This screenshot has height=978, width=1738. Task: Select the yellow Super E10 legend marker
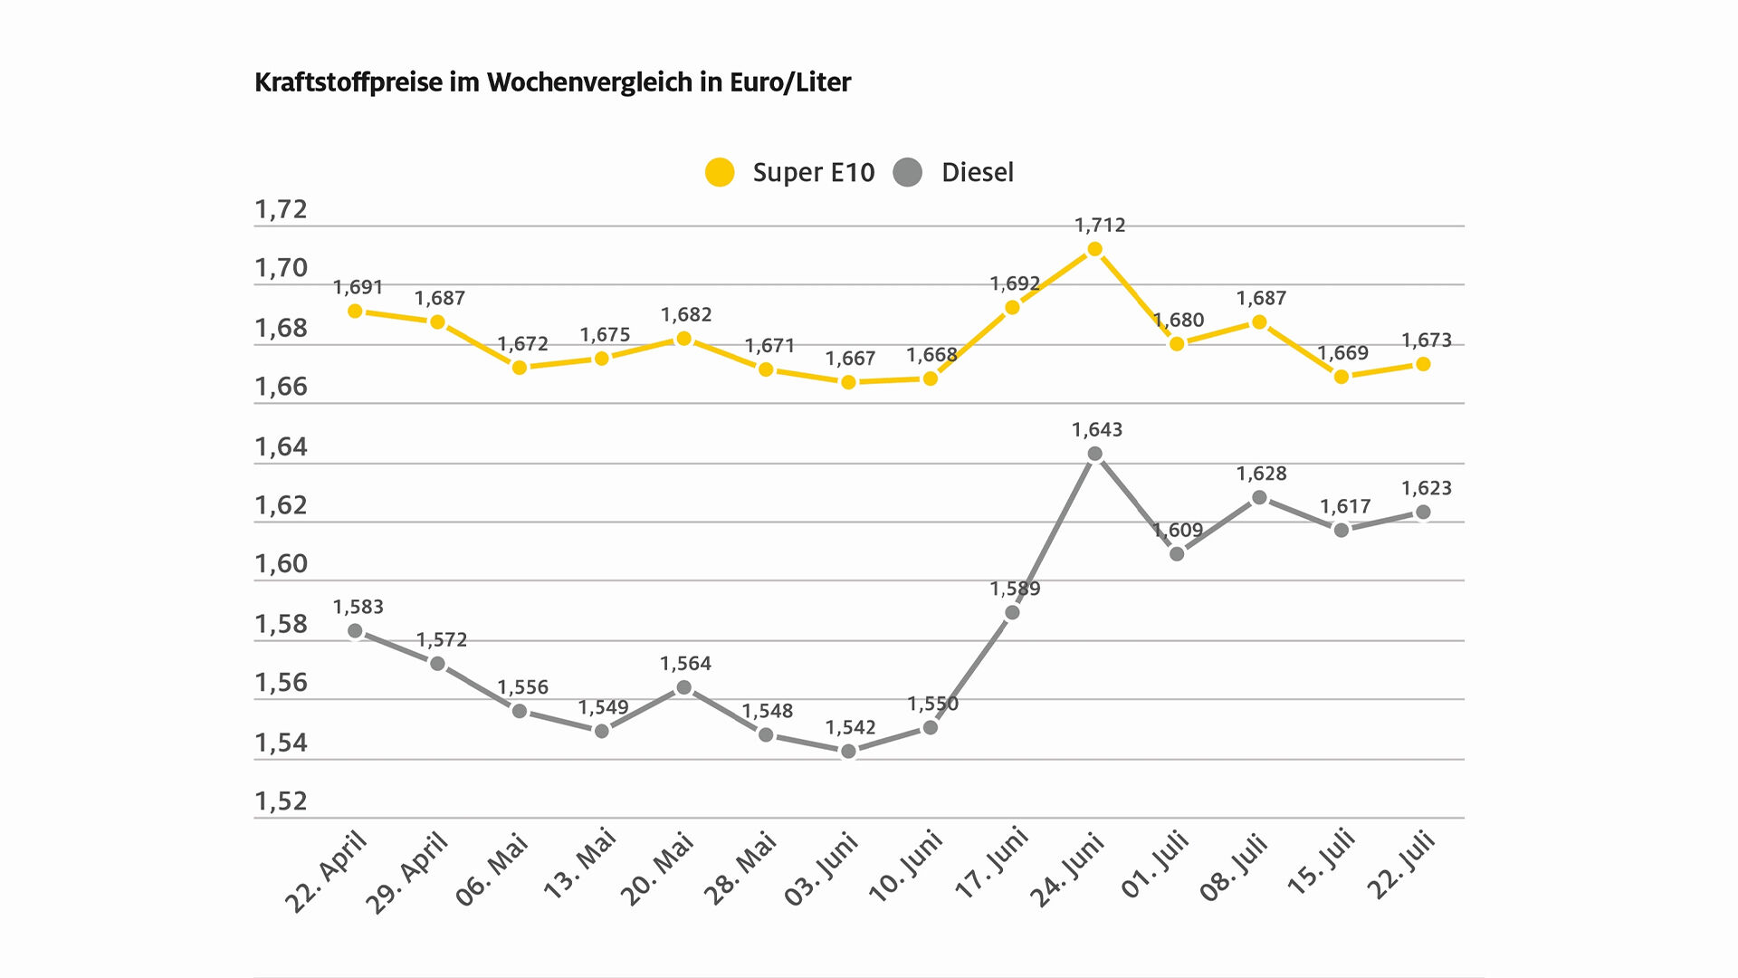click(720, 172)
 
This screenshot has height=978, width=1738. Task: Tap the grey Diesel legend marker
click(907, 172)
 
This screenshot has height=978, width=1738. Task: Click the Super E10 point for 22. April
click(355, 312)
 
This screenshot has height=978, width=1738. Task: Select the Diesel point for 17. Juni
click(1013, 613)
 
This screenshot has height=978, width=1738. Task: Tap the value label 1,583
click(358, 607)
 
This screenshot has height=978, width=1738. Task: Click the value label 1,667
click(851, 359)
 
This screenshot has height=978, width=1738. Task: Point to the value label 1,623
click(1427, 488)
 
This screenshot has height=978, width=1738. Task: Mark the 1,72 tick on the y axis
click(282, 209)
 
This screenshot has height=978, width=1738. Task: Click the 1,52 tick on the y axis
click(282, 801)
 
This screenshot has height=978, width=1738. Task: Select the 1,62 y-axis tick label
click(282, 505)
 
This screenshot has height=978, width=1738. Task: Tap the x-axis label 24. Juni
click(1068, 870)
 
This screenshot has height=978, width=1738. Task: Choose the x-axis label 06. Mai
click(492, 870)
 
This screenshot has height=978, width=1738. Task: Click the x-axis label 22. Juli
click(1400, 866)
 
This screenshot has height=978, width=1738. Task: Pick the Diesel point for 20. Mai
click(684, 687)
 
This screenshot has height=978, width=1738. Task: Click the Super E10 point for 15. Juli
click(1342, 377)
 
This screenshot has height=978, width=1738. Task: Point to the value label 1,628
click(1262, 474)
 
